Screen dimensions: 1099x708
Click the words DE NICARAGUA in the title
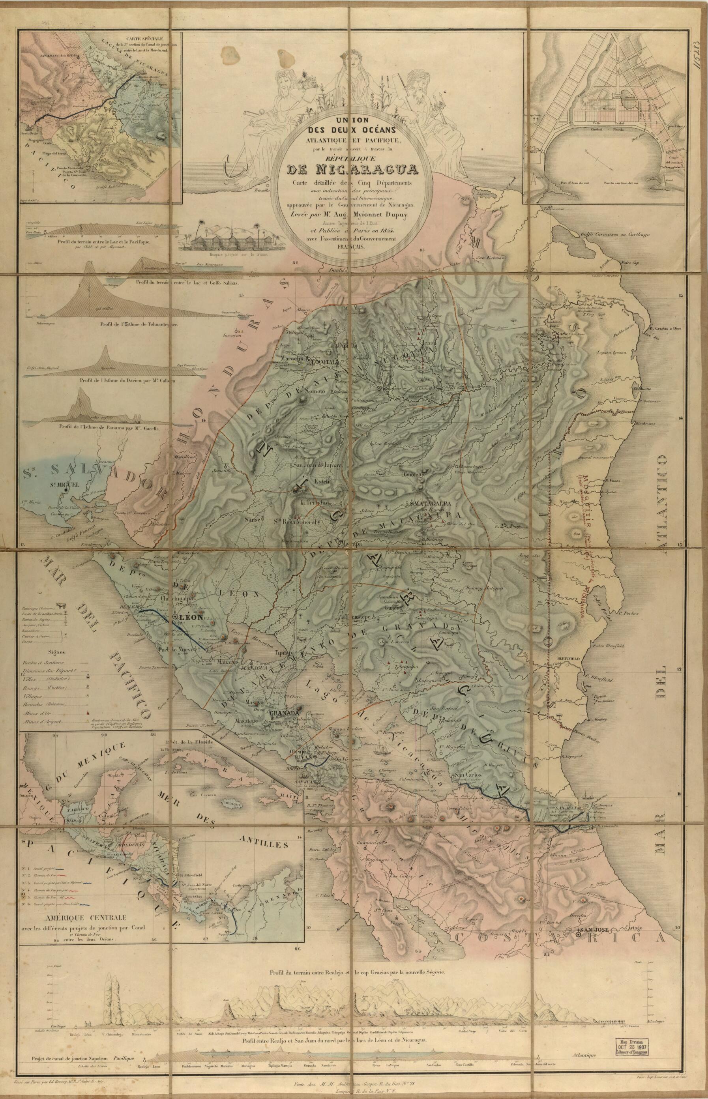coord(351,170)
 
